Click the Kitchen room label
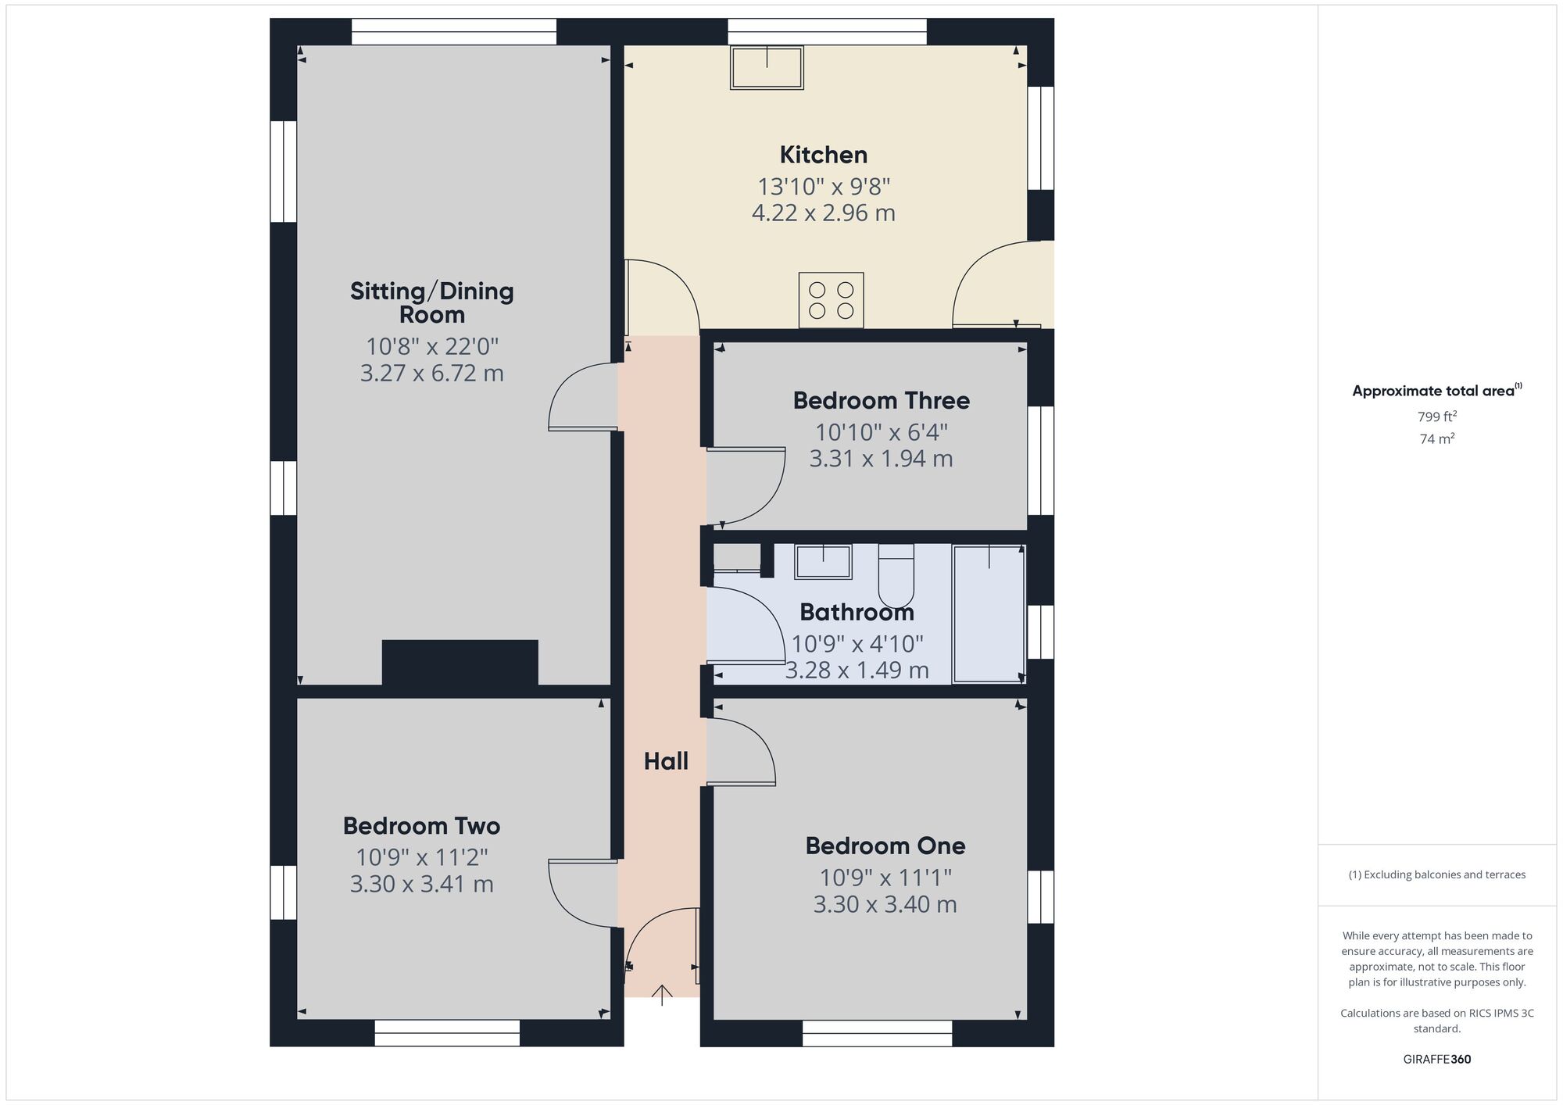823,155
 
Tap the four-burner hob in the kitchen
831,300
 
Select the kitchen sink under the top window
767,67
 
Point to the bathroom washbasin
823,562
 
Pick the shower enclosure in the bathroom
989,613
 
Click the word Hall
666,761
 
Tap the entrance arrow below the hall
662,995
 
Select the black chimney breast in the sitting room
460,663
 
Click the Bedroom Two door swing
581,894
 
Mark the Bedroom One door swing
740,752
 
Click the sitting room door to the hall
582,397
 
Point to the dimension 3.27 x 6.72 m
431,374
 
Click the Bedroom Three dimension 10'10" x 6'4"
881,432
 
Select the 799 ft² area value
1436,417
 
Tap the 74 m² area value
1436,439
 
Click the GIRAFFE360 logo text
1436,1060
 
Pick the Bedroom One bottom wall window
877,1033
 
